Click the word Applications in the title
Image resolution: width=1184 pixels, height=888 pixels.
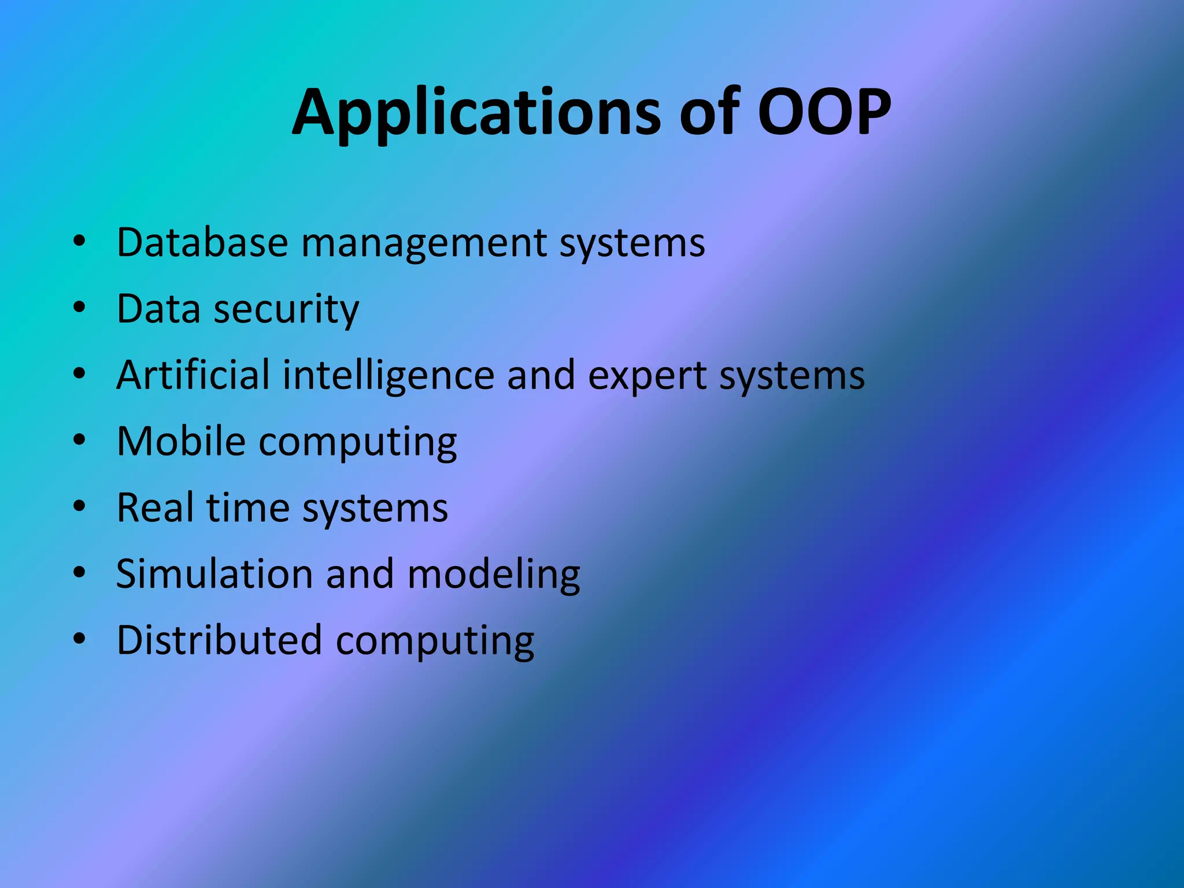click(x=475, y=113)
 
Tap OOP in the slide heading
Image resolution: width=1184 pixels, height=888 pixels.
click(x=824, y=113)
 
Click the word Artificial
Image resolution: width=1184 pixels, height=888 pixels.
click(x=193, y=375)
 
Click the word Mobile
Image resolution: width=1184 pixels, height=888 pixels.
click(x=181, y=442)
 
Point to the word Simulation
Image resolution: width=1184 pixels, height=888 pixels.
click(x=214, y=574)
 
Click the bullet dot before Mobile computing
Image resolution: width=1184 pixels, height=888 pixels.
click(x=79, y=440)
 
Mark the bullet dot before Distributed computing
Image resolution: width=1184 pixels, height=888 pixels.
click(x=79, y=639)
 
